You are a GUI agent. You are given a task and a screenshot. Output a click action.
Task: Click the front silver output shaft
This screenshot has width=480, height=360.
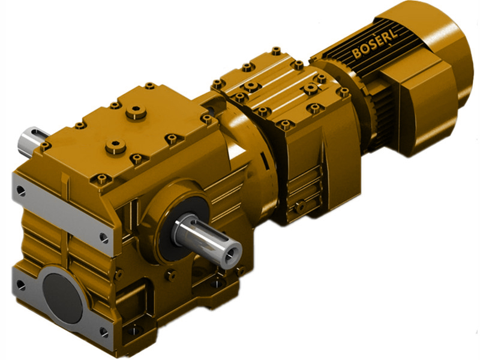[207, 235]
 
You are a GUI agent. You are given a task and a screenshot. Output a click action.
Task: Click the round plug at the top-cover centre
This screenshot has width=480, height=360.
[137, 110]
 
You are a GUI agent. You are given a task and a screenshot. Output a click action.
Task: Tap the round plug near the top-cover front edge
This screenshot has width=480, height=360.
[114, 145]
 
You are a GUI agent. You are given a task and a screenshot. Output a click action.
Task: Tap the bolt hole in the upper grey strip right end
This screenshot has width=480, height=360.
[104, 238]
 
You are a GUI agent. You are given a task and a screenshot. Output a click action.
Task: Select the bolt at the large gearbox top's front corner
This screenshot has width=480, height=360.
[103, 178]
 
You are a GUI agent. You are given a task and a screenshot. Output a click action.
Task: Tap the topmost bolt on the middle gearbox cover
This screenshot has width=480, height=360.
[275, 50]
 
